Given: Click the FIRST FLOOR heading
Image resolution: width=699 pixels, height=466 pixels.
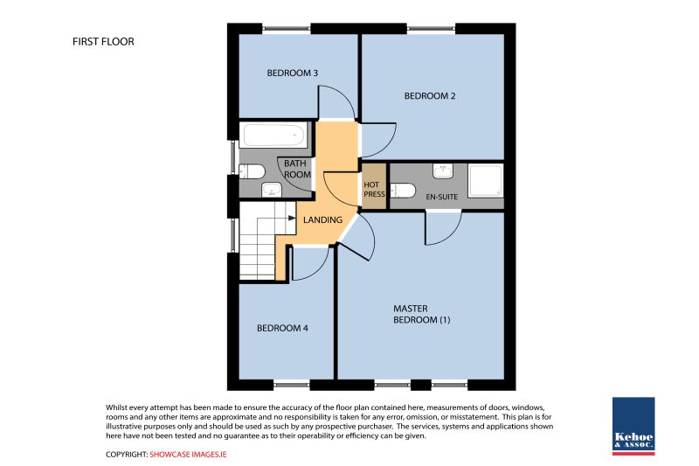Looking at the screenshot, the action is click(103, 41).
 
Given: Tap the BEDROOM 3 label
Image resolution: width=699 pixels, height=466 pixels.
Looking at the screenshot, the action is click(293, 73).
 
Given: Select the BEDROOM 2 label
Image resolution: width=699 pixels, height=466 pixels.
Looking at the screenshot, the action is click(430, 96).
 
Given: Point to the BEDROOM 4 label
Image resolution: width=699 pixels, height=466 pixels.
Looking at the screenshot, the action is click(282, 328).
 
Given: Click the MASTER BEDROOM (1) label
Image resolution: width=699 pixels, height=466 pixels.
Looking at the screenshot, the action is click(422, 314).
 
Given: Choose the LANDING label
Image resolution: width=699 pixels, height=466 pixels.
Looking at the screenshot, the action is click(322, 219).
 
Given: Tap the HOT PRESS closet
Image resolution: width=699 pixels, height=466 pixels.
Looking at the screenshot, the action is click(374, 186).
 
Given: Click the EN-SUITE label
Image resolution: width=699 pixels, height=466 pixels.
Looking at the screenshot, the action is click(442, 197).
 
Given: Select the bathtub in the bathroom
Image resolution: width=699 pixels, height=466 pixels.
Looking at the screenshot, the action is click(273, 135).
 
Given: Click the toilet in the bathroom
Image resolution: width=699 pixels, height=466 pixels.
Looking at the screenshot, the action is click(252, 171).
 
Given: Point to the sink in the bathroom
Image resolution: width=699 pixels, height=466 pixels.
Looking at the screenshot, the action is click(271, 190).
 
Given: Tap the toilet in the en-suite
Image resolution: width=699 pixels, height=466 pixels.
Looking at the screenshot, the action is click(403, 191).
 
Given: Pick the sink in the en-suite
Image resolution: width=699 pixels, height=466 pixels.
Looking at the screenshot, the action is click(443, 170).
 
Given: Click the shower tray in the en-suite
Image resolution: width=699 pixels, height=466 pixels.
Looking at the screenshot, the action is click(486, 180).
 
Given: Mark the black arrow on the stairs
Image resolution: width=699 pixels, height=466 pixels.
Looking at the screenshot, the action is click(292, 218).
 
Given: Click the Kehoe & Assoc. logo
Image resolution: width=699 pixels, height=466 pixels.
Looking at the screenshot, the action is click(633, 426).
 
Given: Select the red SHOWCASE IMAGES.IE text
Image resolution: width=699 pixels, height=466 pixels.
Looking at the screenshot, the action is click(188, 455).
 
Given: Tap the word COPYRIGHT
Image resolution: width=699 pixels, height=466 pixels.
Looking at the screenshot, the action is click(127, 455).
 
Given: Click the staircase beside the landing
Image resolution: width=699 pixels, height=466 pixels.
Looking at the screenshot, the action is click(263, 240).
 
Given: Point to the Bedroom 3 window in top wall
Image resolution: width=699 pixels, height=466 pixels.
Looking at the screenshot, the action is click(287, 29).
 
